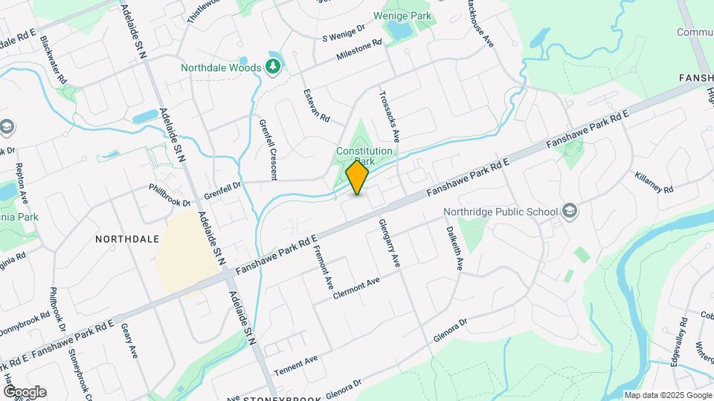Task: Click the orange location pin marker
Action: (x=358, y=177)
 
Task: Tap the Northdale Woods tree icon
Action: (x=274, y=68)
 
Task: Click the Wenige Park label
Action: (x=402, y=14)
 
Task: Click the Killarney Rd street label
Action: (x=654, y=180)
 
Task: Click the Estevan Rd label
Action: (x=316, y=105)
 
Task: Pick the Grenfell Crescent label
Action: (x=268, y=149)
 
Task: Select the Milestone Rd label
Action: (x=358, y=49)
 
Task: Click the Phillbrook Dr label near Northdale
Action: (x=170, y=195)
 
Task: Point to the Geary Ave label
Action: (x=130, y=340)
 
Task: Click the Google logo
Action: (x=24, y=391)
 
